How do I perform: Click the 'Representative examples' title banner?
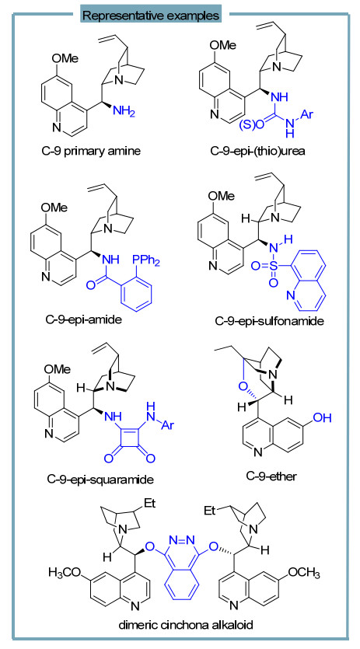click(151, 16)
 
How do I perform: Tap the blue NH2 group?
click(124, 111)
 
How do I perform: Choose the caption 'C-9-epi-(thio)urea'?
click(257, 151)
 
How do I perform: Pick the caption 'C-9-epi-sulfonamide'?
click(269, 320)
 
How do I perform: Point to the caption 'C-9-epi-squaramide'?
click(100, 480)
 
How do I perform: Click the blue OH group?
click(322, 417)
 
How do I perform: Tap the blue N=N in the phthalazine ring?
click(182, 539)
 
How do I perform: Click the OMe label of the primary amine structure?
click(65, 58)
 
